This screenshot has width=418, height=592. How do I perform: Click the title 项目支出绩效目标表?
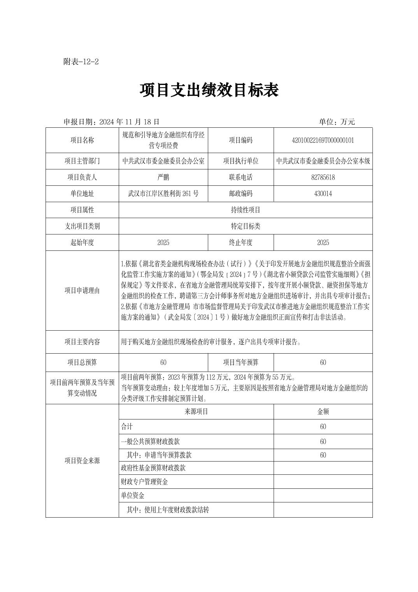click(209, 91)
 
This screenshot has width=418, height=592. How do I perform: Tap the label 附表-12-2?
click(81, 62)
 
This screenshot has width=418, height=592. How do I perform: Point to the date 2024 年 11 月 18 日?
click(129, 122)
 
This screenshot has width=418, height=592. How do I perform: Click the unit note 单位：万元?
click(337, 122)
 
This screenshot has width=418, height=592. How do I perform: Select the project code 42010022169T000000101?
click(323, 140)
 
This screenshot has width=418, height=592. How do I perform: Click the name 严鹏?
click(163, 177)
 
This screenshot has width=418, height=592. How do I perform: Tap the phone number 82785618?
click(323, 177)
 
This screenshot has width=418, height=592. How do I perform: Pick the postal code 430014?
click(323, 194)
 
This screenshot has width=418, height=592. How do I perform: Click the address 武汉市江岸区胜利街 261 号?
click(163, 194)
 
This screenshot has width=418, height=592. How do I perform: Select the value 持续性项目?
click(245, 210)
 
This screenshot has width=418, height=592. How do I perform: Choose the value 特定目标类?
click(245, 226)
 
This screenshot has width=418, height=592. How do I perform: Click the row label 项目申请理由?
click(82, 291)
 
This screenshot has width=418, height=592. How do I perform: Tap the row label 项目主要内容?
click(82, 342)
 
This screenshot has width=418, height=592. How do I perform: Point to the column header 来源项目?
click(196, 412)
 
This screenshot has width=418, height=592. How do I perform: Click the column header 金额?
click(323, 412)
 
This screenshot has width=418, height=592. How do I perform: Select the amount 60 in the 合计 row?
click(323, 427)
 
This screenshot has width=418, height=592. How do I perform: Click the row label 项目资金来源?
click(82, 461)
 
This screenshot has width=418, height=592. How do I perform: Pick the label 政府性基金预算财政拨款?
click(153, 468)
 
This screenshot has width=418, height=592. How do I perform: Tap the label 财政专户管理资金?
click(144, 482)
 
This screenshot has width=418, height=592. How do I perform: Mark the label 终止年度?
click(241, 243)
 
